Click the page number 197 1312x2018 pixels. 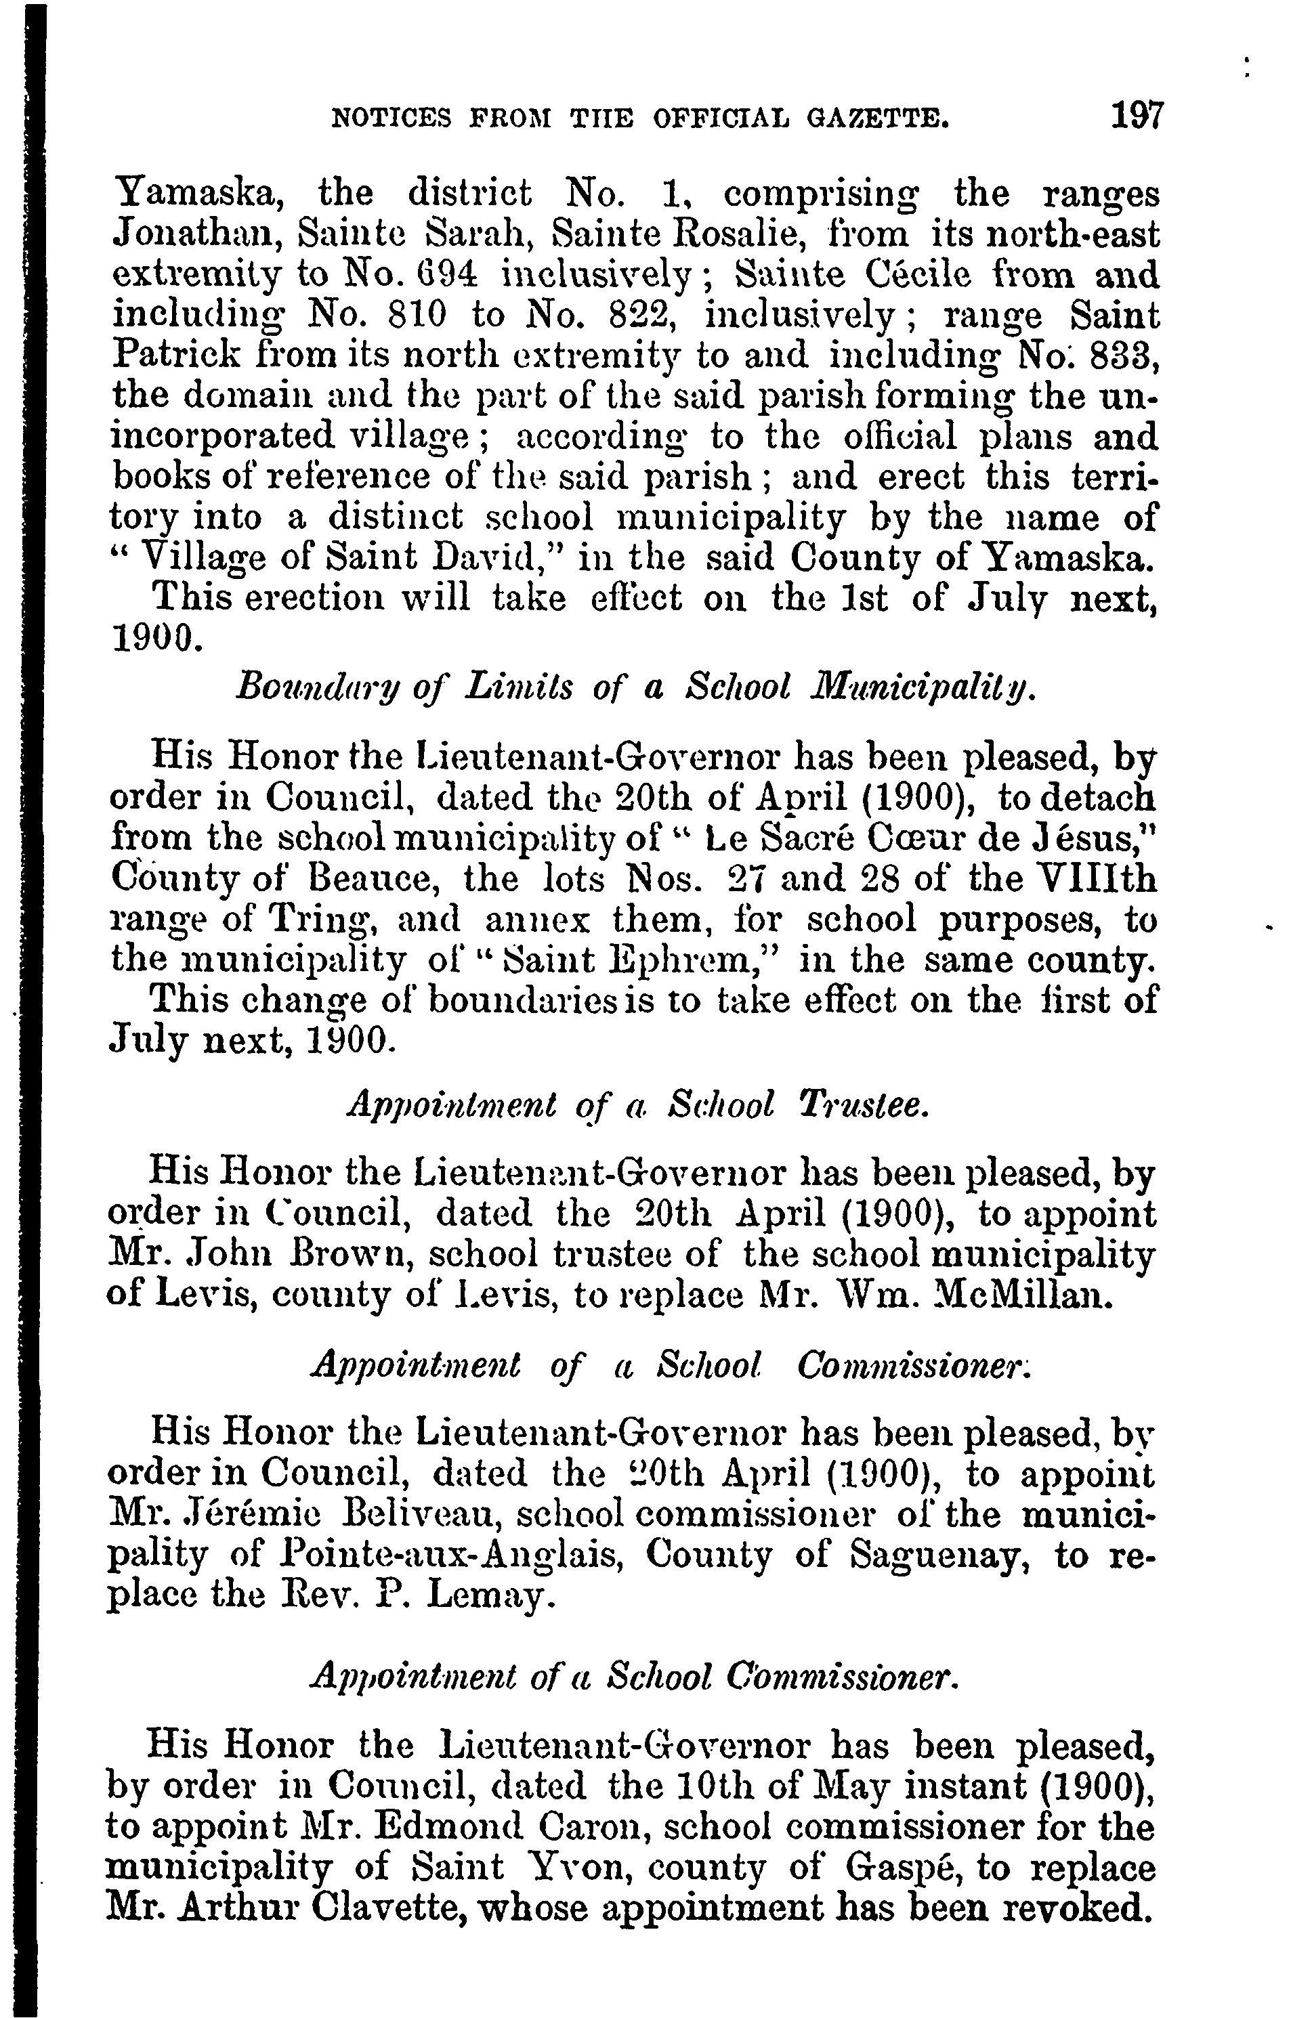point(1138,114)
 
